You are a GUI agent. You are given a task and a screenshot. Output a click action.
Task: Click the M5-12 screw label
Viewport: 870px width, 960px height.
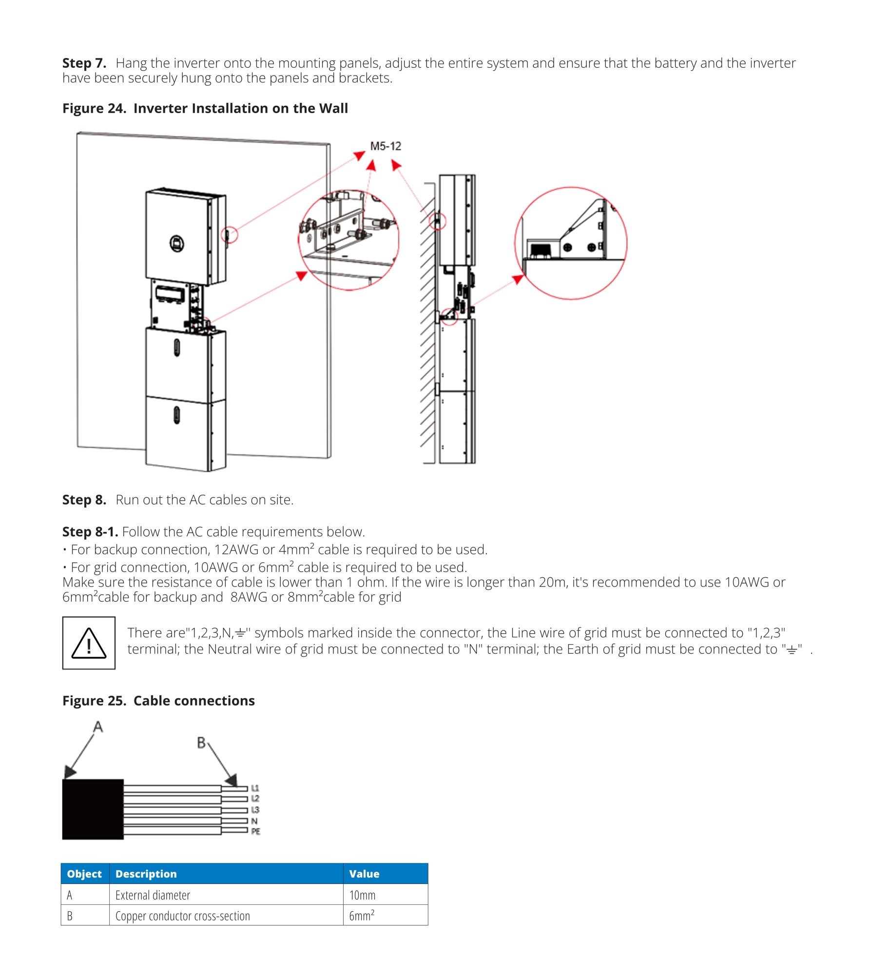386,146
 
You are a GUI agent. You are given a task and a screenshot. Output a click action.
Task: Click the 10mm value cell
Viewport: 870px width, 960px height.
363,895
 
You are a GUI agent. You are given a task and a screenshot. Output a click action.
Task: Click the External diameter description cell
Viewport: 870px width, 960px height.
153,895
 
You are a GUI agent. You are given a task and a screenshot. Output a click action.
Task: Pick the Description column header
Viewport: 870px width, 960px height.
146,874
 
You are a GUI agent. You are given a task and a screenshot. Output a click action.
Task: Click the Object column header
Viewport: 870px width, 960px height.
84,874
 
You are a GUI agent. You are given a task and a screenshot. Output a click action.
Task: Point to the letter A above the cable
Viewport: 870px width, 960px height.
98,727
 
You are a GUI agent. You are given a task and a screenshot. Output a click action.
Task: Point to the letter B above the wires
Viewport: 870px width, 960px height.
201,743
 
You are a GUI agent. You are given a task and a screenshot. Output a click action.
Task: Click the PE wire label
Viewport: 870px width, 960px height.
255,831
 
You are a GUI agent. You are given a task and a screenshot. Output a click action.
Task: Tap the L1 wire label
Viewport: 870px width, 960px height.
255,788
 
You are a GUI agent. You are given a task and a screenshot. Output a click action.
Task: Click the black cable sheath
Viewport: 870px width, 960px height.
93,809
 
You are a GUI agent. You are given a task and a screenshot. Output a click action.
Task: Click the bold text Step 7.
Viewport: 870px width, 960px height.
84,63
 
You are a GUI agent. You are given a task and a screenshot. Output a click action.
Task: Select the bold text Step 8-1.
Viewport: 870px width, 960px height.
90,531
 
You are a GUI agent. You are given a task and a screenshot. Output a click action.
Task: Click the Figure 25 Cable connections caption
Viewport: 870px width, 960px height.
158,701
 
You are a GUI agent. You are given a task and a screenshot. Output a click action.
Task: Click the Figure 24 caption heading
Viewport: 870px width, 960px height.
205,108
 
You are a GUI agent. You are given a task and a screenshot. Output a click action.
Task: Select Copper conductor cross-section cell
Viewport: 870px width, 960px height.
183,916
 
